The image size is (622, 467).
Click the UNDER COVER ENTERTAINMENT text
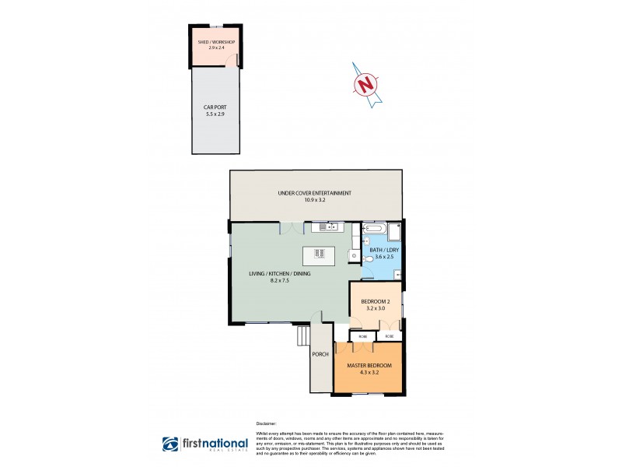[315, 193]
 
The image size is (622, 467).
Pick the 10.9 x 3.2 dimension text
[315, 200]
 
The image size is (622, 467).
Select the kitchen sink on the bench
[327, 227]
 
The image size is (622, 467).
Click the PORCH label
[320, 354]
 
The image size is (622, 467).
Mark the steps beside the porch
[302, 335]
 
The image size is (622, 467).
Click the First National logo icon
[170, 444]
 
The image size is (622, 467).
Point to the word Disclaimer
[267, 425]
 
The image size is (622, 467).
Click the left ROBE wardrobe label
[362, 336]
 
